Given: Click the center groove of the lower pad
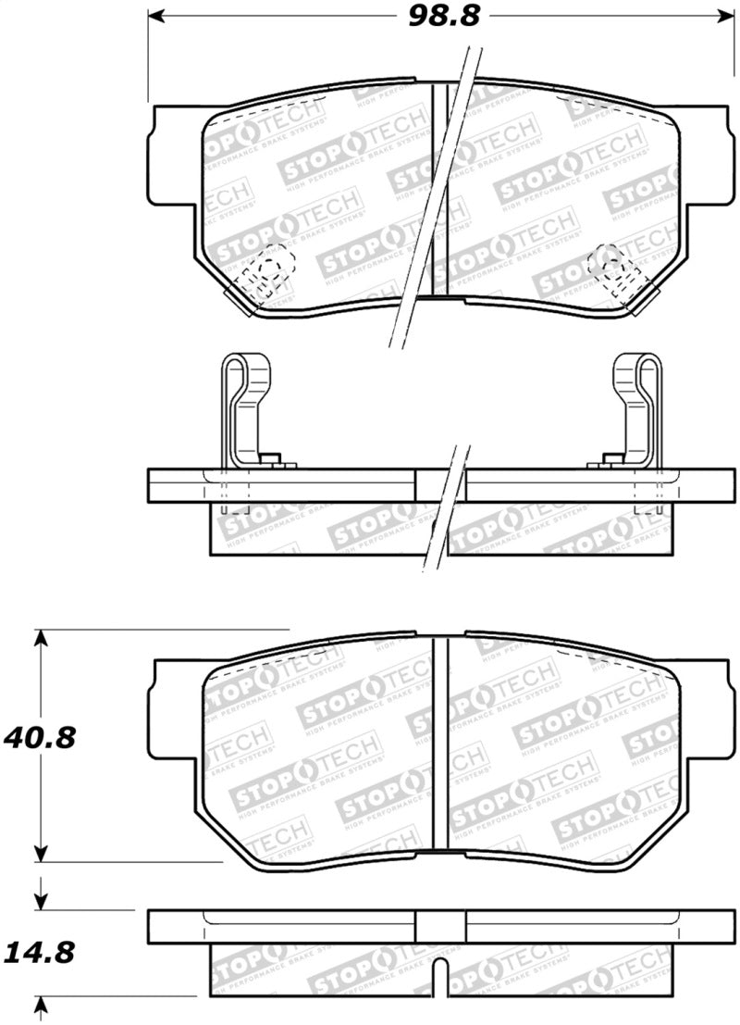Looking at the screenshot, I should pos(448,741).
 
